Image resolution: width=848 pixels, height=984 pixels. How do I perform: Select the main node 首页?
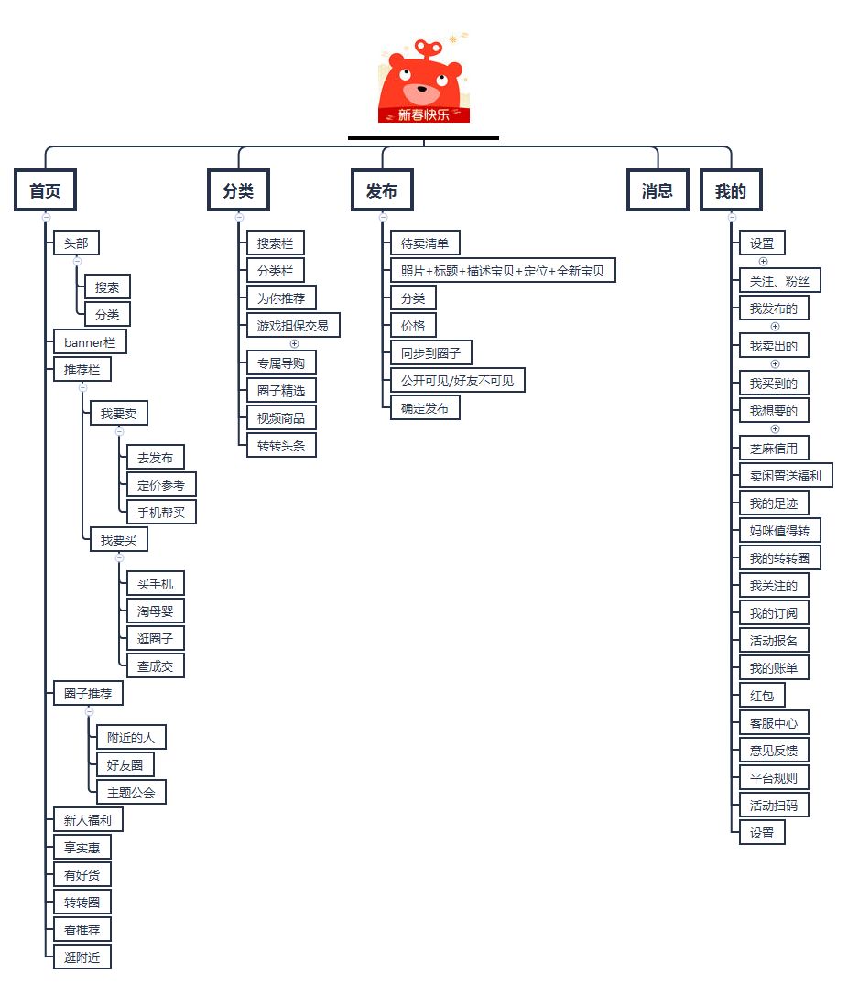[x=45, y=191]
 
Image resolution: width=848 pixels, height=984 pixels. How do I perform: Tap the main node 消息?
[x=658, y=191]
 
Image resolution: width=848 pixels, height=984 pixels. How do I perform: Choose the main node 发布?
[x=382, y=191]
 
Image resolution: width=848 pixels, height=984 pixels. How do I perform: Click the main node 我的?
[x=730, y=191]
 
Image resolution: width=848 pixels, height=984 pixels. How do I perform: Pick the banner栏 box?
[x=90, y=342]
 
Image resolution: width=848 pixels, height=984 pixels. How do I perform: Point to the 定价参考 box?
[x=161, y=485]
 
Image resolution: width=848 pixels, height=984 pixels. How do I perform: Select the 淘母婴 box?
[x=156, y=611]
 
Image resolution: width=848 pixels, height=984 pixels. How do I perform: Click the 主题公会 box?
[x=131, y=792]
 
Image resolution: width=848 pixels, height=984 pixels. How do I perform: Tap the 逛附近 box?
[x=82, y=957]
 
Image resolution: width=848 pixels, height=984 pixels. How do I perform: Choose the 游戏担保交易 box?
[x=293, y=325]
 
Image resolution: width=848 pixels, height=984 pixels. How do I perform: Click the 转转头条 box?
[x=281, y=446]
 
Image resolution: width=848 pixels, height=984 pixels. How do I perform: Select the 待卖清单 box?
[x=425, y=243]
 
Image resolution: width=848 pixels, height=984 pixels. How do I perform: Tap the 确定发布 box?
[x=425, y=408]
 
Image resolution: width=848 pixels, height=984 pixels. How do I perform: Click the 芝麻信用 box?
[x=774, y=449]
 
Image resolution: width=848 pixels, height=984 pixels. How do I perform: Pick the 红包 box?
[x=762, y=696]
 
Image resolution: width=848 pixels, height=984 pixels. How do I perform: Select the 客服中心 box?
[x=774, y=723]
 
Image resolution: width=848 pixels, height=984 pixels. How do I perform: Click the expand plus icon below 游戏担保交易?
[x=294, y=344]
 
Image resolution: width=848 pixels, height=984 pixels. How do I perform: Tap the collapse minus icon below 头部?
[x=77, y=261]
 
